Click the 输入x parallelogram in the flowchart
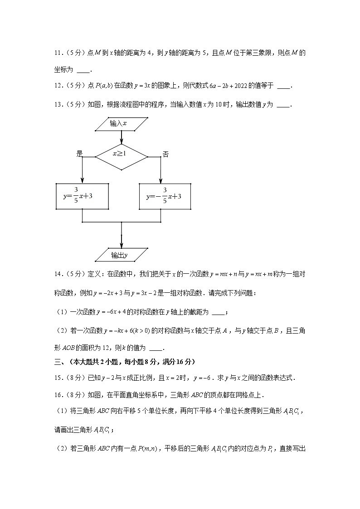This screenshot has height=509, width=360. (x=122, y=124)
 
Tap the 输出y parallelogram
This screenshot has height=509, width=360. (x=122, y=255)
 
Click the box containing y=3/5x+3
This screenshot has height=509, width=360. (x=82, y=196)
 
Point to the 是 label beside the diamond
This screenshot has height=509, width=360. (x=80, y=154)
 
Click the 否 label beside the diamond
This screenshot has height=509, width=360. (x=165, y=155)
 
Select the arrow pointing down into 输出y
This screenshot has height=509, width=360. (x=122, y=236)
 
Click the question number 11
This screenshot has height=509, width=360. (x=58, y=53)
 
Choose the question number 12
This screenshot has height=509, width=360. (x=58, y=85)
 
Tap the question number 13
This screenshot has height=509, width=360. (x=58, y=105)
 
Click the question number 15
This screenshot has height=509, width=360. (x=58, y=377)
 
